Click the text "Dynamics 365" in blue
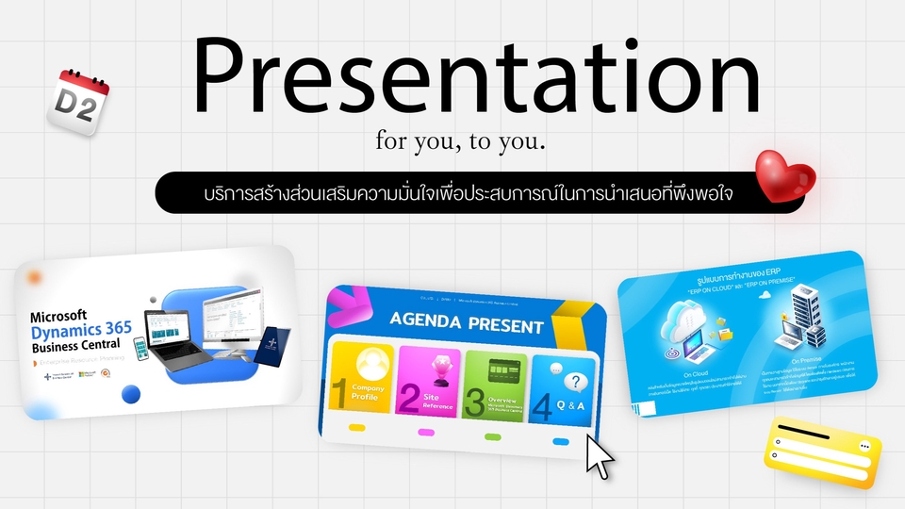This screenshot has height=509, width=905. coord(81,331)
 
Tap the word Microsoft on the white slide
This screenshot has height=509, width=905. coord(58,316)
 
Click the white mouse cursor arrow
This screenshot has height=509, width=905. coord(599,455)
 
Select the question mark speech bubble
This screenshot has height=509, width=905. coord(577,382)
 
